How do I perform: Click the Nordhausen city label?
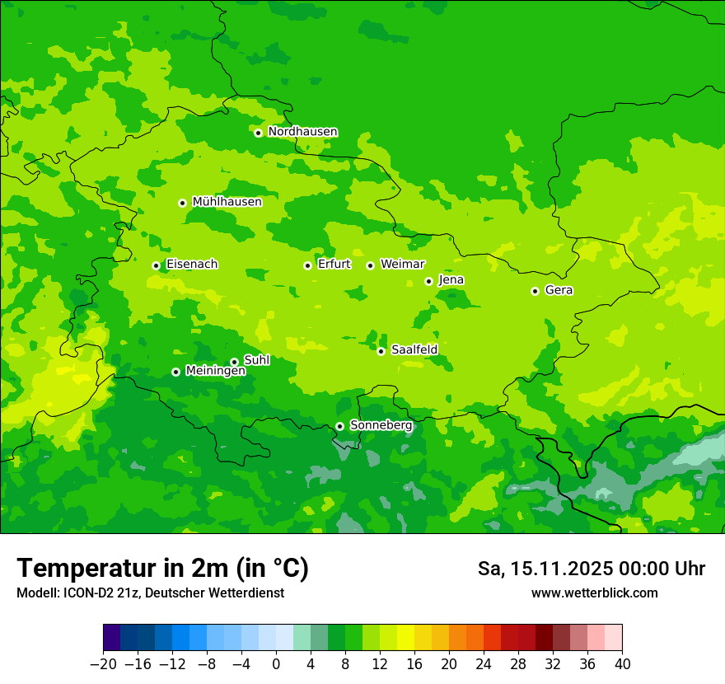click(x=302, y=132)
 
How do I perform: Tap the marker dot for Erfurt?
click(x=307, y=265)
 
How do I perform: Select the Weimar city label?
click(x=402, y=264)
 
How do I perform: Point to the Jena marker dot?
click(x=428, y=281)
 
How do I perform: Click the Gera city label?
click(x=559, y=290)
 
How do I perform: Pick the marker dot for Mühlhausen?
click(x=182, y=203)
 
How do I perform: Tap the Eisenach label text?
click(x=192, y=264)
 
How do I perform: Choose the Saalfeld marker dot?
click(x=381, y=351)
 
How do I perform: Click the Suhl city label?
click(x=256, y=360)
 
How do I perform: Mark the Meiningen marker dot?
click(x=175, y=372)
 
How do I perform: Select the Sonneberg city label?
click(x=381, y=425)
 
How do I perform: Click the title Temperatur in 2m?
click(x=162, y=568)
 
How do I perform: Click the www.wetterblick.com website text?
click(x=594, y=593)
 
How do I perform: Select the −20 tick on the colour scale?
click(x=104, y=663)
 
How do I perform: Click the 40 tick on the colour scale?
click(x=622, y=663)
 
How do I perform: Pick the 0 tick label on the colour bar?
click(x=276, y=663)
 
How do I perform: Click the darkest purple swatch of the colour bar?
click(x=112, y=638)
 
